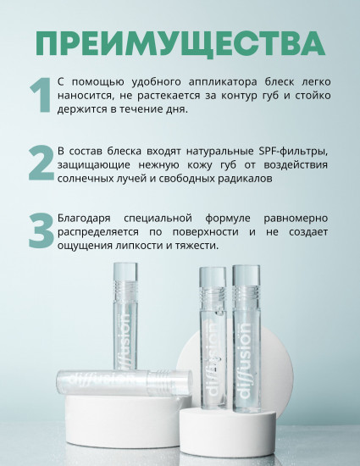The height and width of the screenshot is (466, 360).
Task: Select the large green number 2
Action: [41, 164]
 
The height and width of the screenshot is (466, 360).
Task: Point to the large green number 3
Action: [41, 231]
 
